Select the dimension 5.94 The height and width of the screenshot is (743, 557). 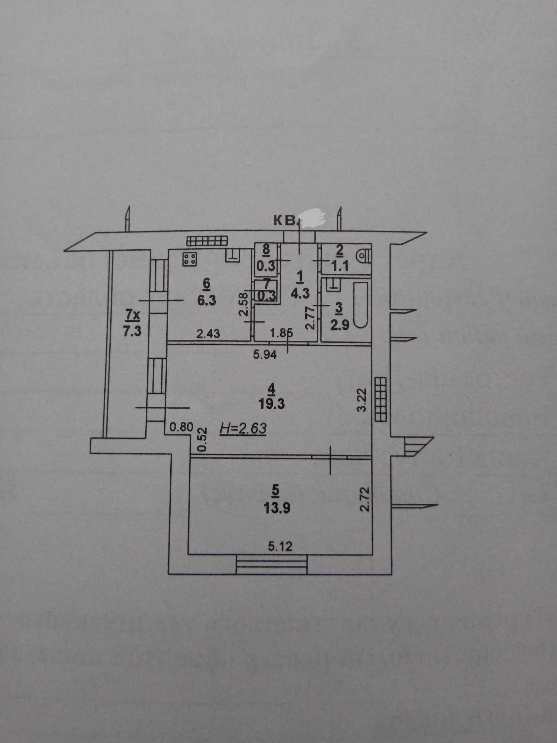tap(265, 355)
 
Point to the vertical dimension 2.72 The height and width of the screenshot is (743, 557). tap(363, 498)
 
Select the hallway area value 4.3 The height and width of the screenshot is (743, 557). tap(299, 293)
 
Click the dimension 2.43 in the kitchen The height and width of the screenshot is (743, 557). tap(208, 334)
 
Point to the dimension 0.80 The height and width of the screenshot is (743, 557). tap(181, 427)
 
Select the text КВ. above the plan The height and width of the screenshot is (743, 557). tap(286, 221)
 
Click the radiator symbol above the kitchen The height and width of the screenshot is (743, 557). tap(207, 241)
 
